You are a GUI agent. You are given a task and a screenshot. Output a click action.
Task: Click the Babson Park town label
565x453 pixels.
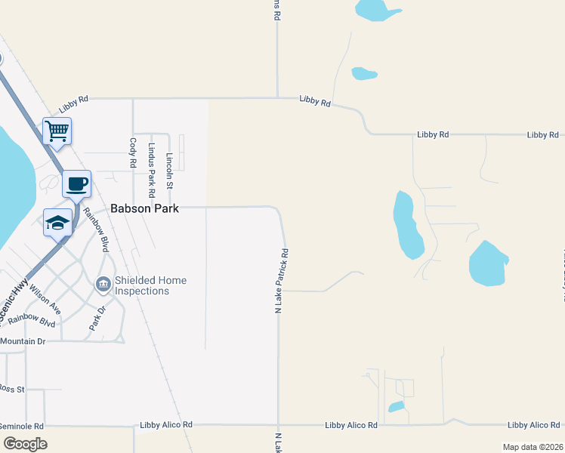[x=145, y=208]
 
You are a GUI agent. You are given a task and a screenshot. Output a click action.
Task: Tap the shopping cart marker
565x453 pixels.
[x=57, y=131]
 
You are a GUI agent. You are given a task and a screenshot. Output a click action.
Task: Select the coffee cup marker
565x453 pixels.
[x=76, y=183]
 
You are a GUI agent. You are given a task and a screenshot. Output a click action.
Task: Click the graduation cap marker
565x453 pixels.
[x=57, y=223]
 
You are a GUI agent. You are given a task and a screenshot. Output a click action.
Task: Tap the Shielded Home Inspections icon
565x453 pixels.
[x=103, y=285]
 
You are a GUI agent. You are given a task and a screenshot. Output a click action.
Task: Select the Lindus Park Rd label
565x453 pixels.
[x=152, y=165]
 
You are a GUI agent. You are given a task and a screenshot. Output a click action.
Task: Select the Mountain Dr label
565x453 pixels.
[x=24, y=341]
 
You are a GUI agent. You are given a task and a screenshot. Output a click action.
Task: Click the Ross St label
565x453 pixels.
[x=13, y=389]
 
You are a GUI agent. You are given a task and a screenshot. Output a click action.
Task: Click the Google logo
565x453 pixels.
[x=25, y=444]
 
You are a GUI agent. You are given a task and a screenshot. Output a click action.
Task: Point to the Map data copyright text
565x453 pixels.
[x=533, y=447]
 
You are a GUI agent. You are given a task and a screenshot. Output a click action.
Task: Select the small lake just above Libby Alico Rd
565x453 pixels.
[x=396, y=408]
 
